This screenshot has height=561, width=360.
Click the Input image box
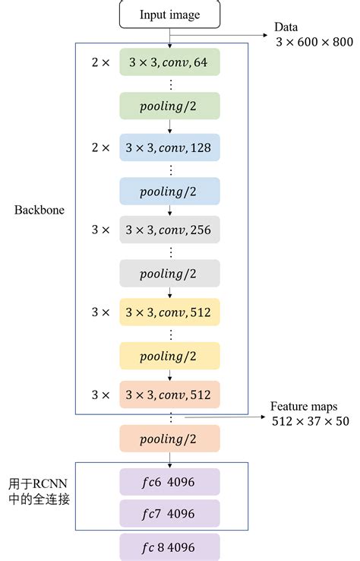(169, 14)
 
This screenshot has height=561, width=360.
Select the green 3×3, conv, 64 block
(169, 62)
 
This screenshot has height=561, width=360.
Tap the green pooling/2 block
(169, 106)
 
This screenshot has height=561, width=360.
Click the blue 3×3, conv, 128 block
(169, 147)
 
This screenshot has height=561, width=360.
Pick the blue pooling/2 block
(169, 191)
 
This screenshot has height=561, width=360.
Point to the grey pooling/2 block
(169, 273)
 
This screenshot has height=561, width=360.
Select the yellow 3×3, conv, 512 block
(169, 312)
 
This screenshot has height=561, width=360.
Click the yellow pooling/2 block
(169, 355)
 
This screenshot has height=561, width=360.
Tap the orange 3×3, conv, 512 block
(169, 395)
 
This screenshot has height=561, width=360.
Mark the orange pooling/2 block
(169, 439)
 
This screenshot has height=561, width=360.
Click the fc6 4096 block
(169, 482)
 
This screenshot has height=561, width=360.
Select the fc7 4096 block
(169, 513)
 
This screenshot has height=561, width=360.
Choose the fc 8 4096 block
(169, 547)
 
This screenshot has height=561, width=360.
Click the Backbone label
(38, 210)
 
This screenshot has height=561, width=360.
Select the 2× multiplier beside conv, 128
(100, 147)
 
